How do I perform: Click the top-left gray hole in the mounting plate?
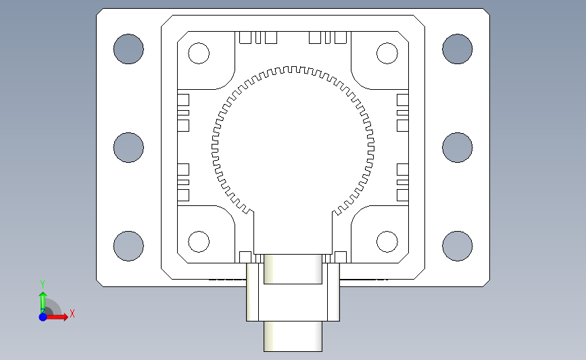pos(128,49)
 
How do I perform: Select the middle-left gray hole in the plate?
pos(128,147)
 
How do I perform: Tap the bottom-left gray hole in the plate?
pos(128,246)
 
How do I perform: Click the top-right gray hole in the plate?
pos(458,49)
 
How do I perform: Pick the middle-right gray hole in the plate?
pos(458,147)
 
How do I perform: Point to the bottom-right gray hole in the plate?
pos(458,246)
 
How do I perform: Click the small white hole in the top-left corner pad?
pos(199,53)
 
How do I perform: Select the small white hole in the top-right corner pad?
pos(387,53)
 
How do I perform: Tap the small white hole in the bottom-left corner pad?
pos(199,242)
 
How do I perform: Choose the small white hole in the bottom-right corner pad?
pos(387,242)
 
